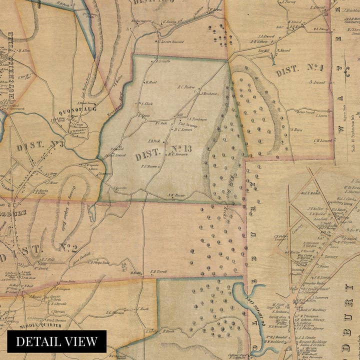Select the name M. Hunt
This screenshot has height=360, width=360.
[151, 82]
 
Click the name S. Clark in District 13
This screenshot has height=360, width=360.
[145, 104]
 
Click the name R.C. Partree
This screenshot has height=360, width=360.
[185, 86]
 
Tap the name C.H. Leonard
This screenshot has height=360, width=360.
[323, 140]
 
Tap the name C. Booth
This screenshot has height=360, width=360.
[142, 309]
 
